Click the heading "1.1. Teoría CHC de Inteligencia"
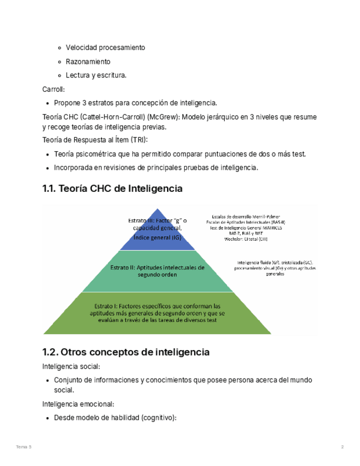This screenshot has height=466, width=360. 112,189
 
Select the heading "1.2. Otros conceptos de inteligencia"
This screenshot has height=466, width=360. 126,352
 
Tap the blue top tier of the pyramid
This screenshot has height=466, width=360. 158,230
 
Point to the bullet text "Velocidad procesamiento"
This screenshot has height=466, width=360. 106,48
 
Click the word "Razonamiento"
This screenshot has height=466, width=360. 88,62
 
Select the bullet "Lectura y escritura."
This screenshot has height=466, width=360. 96,75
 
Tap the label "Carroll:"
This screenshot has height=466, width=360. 54,89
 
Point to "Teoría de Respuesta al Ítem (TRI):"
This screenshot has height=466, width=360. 95,141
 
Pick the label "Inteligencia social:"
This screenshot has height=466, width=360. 71,367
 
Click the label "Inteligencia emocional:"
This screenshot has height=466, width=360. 78,404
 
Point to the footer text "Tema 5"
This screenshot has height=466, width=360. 24,447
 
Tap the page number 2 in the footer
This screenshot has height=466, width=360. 342,447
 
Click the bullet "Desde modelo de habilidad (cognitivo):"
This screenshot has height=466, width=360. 115,418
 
